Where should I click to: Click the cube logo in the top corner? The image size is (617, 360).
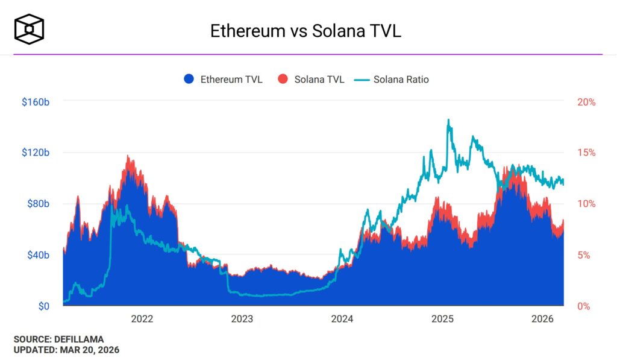30,28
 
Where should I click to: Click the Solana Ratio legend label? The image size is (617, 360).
401,79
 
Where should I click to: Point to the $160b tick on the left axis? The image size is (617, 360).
35,102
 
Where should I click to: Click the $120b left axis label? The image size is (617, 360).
35,153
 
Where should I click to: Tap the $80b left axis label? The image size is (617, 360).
37,204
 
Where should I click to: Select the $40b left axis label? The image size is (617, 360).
37,255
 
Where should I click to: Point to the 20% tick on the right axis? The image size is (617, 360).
586,102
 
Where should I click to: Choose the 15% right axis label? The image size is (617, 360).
586,153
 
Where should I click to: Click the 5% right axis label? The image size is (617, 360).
589,255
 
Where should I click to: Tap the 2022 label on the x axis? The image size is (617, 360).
142,319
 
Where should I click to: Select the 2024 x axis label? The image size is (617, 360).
342,319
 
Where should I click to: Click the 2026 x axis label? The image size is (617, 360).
543,319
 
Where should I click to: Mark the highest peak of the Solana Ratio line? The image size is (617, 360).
448,120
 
